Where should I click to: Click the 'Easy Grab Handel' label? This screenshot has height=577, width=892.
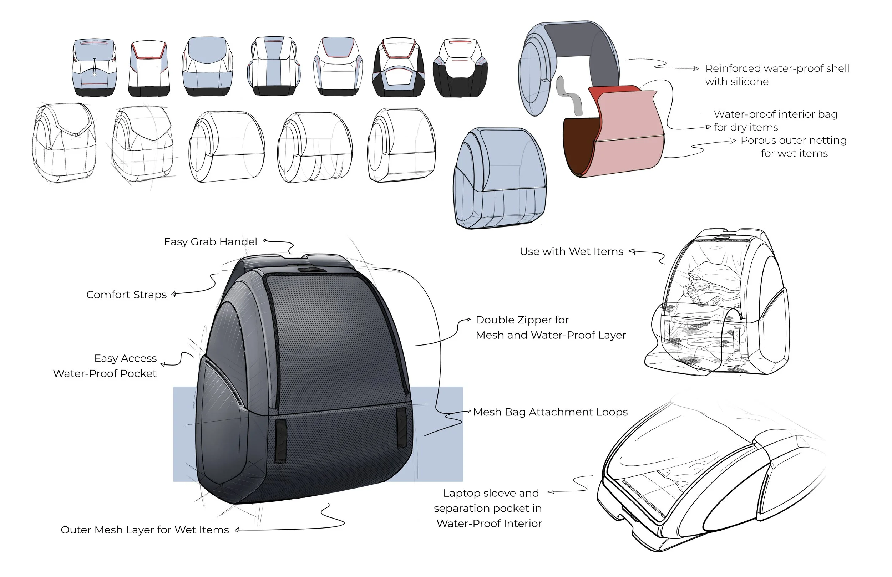(210, 242)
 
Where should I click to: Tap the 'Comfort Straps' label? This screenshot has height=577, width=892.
(126, 295)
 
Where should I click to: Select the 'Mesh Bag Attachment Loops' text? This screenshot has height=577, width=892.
(550, 412)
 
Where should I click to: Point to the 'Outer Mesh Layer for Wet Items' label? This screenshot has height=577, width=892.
(145, 530)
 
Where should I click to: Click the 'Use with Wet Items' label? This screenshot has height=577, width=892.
(571, 252)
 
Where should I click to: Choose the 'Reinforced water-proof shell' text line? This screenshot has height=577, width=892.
(777, 68)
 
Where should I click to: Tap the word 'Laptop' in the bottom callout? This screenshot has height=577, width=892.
(460, 493)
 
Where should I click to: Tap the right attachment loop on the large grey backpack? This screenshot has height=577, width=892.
(401, 427)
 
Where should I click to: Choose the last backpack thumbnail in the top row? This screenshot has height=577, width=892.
(460, 67)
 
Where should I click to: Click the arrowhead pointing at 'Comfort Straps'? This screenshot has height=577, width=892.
(173, 294)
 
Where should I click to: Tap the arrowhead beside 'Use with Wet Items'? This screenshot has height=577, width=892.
(632, 251)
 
